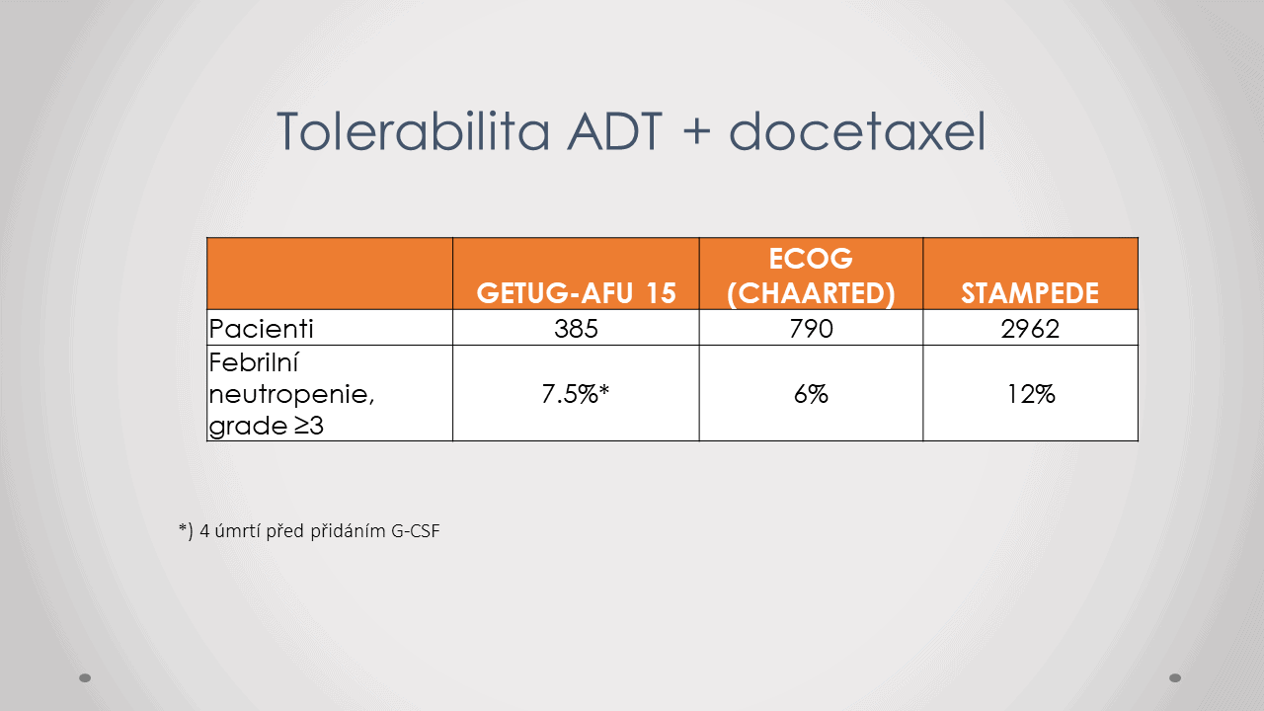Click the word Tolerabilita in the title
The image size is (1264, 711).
tap(413, 131)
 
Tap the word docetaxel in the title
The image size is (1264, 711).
tap(857, 131)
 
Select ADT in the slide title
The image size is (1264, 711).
tap(614, 131)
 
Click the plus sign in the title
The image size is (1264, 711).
tap(696, 133)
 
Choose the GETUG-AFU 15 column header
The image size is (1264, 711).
tap(576, 293)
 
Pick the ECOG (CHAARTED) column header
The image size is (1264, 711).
tap(811, 276)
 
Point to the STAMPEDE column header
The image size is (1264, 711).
tap(1030, 293)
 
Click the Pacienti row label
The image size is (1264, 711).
tap(261, 329)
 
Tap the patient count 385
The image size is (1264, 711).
tap(576, 329)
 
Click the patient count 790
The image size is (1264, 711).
tap(811, 329)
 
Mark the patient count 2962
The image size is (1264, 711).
tap(1030, 329)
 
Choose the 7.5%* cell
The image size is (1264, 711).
tap(576, 394)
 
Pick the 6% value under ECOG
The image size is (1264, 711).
tap(811, 394)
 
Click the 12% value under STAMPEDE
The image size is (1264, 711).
tap(1031, 394)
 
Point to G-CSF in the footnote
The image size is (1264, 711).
tap(415, 531)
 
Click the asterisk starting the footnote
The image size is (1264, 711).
tap(183, 528)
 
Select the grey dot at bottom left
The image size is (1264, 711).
tap(85, 677)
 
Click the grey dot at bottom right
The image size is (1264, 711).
tap(1175, 677)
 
